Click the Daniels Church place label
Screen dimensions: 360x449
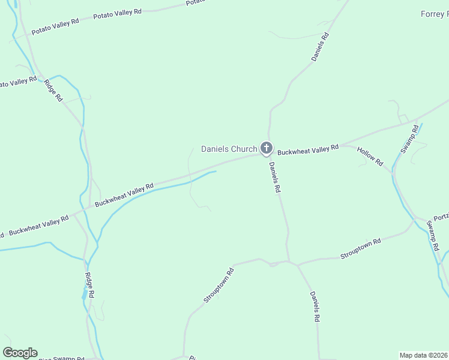point(229,149)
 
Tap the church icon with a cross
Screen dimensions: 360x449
point(267,148)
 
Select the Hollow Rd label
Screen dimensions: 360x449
point(370,155)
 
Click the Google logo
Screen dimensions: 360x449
point(20,353)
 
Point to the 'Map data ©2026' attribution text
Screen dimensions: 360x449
point(424,355)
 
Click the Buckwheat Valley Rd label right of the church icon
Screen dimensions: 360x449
point(309,149)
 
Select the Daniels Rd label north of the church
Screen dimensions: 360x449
point(320,47)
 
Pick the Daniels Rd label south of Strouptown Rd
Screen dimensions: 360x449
point(314,307)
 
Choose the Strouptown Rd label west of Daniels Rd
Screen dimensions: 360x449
point(218,285)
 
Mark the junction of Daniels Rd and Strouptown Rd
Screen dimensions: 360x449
point(289,262)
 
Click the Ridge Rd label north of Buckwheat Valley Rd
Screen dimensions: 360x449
point(53,90)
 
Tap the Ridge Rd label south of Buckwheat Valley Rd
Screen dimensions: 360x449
point(89,286)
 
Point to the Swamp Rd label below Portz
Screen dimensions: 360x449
point(433,235)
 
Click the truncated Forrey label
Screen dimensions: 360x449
point(434,14)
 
